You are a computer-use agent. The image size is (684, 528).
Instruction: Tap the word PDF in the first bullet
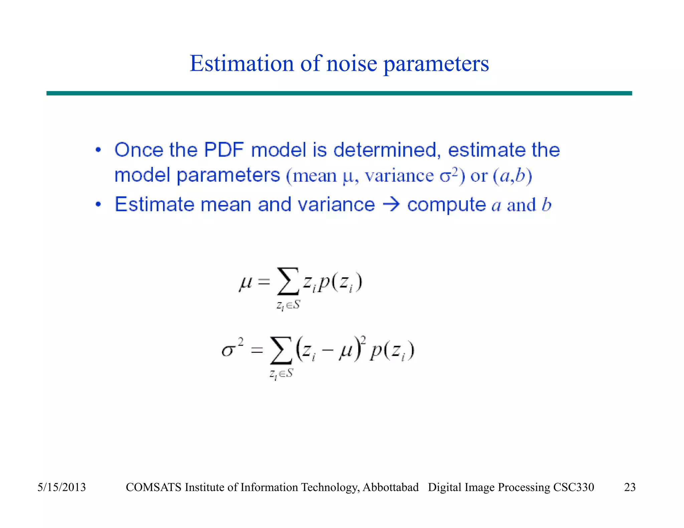(x=223, y=150)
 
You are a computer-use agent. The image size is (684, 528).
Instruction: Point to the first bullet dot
(x=98, y=150)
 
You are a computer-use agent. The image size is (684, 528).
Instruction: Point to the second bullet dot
(x=98, y=204)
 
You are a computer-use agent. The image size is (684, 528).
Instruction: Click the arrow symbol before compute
(x=391, y=204)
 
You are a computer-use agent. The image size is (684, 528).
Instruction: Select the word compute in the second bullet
(x=446, y=205)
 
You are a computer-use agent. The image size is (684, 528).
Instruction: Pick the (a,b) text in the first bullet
(x=512, y=176)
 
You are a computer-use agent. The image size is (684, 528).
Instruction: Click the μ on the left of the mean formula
(x=245, y=283)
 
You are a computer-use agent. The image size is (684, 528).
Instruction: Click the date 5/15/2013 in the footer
(x=61, y=487)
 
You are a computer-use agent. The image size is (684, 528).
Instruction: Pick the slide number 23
(x=630, y=487)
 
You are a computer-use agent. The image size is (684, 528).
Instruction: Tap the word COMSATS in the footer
(x=154, y=487)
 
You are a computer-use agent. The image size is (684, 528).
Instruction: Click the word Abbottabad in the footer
(x=390, y=487)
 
